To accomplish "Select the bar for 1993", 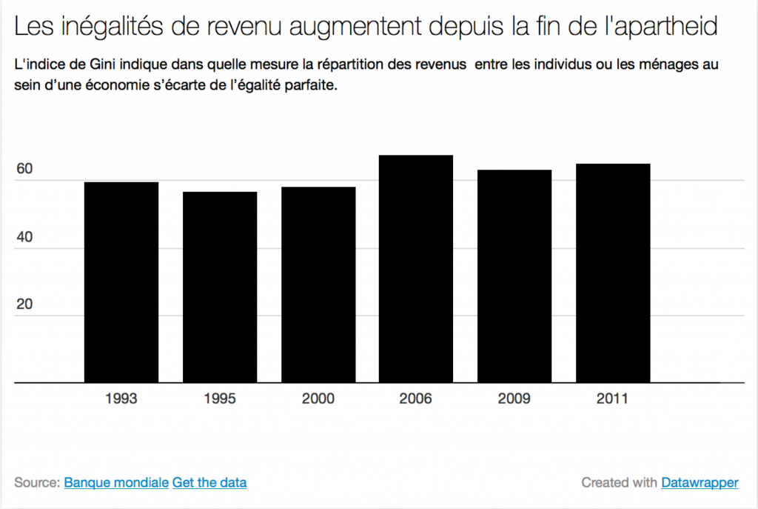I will point(121,282).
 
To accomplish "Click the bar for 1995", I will point(220,287).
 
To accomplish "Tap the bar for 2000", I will point(318,285).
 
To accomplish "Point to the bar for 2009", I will point(514,276).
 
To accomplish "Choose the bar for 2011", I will point(613,273).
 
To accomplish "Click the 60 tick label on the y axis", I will point(24,169).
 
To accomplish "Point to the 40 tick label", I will point(24,237).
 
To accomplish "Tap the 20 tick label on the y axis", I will point(24,305).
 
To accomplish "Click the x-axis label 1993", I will point(121,399).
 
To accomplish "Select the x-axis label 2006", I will point(416,399).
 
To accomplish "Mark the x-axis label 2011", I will point(613,399).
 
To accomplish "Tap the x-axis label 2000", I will point(318,399).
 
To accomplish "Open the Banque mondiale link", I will point(116,483).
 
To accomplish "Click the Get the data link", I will point(209,483).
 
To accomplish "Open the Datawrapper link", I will point(700,483).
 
